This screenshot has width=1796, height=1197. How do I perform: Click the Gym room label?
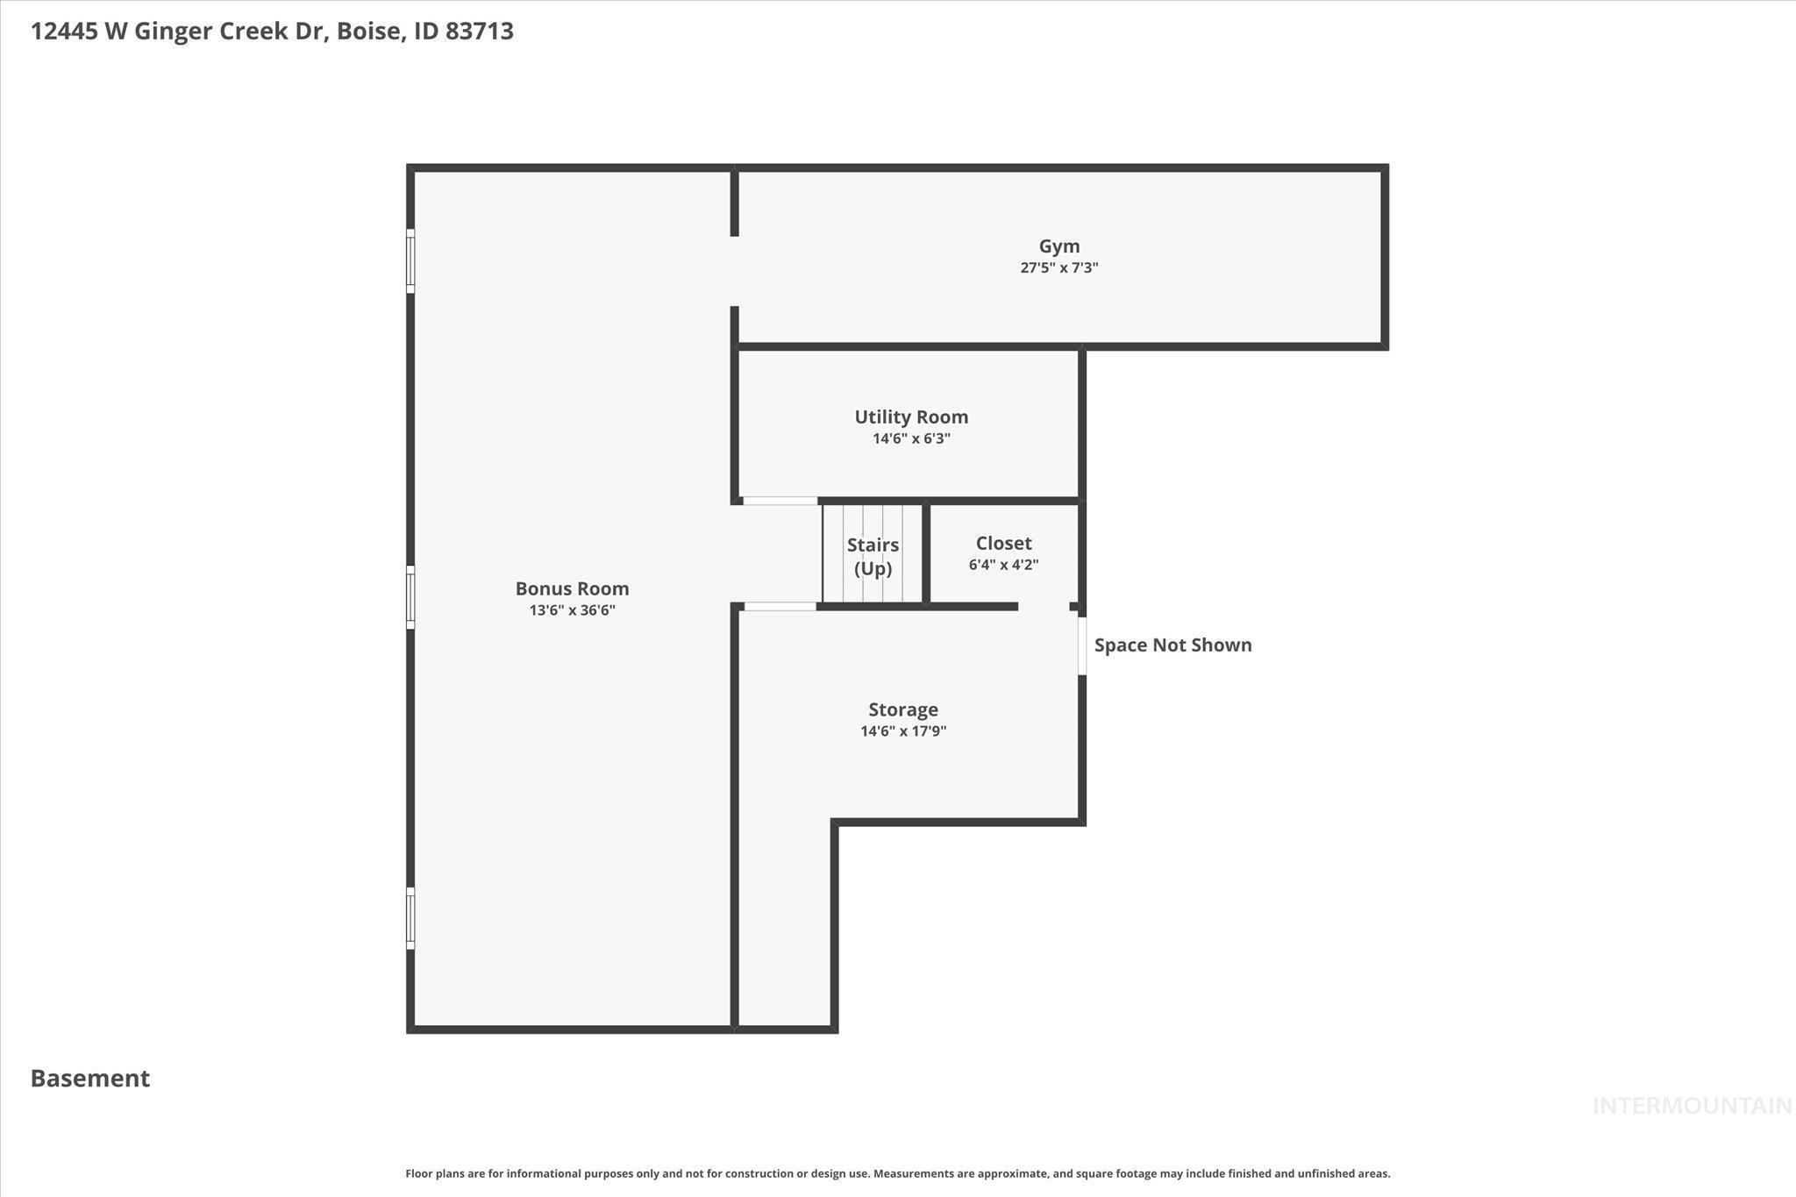click(1059, 246)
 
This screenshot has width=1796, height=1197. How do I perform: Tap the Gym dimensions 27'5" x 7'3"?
click(1059, 268)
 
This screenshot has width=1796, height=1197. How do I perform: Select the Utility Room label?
click(911, 417)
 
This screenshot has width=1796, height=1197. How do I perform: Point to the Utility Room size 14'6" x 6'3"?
click(911, 438)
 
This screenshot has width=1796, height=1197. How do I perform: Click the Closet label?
click(1003, 544)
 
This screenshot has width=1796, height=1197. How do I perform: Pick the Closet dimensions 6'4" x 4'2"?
click(1003, 565)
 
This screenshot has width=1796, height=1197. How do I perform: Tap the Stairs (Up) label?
click(873, 557)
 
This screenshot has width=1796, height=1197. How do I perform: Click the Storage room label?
click(903, 710)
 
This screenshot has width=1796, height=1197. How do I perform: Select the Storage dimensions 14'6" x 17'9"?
click(903, 731)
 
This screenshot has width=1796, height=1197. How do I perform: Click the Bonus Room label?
click(572, 589)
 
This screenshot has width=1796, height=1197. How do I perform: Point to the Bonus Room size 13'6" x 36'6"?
click(572, 610)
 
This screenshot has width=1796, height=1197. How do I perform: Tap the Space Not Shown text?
click(1172, 645)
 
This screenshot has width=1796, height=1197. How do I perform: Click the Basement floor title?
click(90, 1079)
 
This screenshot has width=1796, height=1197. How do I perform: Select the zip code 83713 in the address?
click(479, 32)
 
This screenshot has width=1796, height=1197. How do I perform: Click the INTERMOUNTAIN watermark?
click(1691, 1107)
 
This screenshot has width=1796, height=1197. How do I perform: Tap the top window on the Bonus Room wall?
click(410, 260)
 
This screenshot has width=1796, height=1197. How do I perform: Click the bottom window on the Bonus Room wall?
click(410, 918)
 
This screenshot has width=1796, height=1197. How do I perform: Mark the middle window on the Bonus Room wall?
click(410, 597)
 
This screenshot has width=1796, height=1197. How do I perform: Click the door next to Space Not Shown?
click(1082, 646)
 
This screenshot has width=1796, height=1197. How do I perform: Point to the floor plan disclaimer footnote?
click(897, 1173)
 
